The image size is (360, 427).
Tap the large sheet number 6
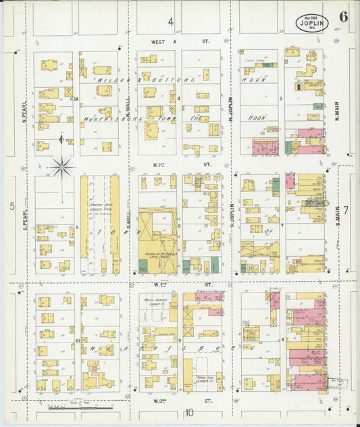(x=344, y=18)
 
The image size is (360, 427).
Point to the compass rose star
(x=62, y=166)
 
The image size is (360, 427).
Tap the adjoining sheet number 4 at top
(x=171, y=22)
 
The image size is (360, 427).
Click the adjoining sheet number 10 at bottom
(x=190, y=413)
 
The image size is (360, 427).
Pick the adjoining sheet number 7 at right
(x=345, y=211)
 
